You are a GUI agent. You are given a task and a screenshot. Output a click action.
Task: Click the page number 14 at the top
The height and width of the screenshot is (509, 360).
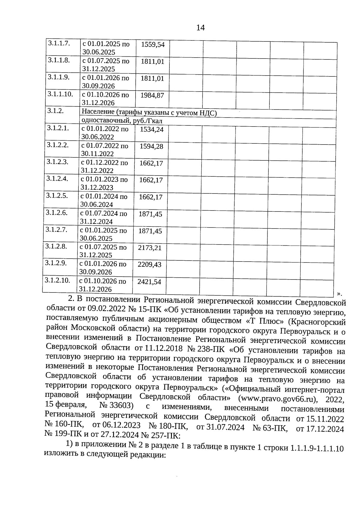[200, 28]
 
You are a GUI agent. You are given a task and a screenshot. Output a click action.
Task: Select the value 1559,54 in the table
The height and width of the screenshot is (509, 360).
[153, 45]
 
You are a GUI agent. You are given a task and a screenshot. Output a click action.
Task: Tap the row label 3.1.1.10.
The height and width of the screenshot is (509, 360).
[60, 94]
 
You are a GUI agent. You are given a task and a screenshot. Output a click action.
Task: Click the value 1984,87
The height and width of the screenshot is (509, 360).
[152, 95]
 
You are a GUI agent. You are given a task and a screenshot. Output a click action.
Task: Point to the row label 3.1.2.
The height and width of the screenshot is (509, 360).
[56, 111]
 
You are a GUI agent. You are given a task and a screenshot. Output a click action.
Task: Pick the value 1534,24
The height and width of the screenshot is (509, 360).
[152, 130]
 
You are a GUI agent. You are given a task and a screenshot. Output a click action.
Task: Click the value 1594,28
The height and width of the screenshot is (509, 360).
[151, 146]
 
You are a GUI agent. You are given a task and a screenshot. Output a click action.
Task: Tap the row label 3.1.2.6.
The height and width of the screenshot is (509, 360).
[57, 213]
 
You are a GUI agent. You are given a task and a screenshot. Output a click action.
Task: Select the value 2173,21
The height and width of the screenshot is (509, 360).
[150, 248]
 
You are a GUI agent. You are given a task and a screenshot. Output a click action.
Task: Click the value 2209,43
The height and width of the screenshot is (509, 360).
[149, 265]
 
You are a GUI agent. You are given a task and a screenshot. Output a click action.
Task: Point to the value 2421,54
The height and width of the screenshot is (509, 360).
[149, 282]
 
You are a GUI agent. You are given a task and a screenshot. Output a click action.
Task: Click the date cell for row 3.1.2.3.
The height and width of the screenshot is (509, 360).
[104, 166]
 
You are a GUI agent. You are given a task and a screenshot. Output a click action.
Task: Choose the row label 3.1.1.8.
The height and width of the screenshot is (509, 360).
[59, 60]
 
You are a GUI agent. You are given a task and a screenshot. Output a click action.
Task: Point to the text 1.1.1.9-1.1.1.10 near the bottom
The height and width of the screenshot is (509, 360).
[317, 448]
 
